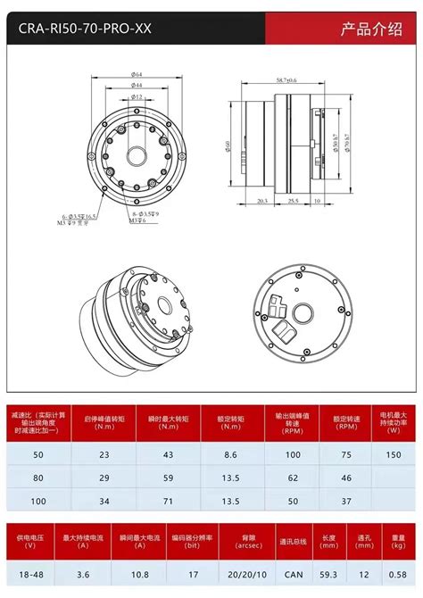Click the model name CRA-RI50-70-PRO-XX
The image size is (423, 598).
click(x=79, y=29)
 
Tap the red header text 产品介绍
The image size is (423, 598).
click(x=369, y=29)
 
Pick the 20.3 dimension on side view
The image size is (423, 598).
click(x=262, y=202)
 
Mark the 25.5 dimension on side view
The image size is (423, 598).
click(x=293, y=202)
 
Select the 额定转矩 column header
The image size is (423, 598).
click(x=230, y=418)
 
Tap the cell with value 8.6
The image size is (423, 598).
click(x=230, y=454)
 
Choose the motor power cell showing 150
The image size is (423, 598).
click(x=394, y=454)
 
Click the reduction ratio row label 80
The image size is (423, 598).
click(x=39, y=478)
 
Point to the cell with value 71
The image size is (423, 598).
click(x=166, y=501)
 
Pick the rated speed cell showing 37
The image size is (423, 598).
click(x=346, y=501)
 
